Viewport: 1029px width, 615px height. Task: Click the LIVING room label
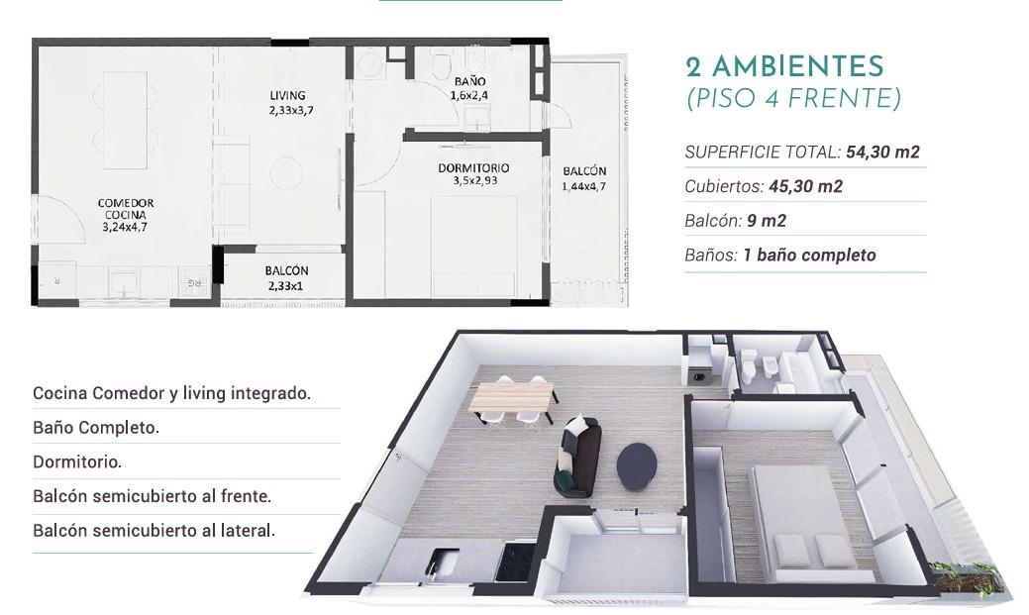click(x=287, y=95)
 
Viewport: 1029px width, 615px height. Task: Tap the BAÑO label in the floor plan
click(x=469, y=81)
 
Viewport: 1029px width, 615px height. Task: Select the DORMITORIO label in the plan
click(x=473, y=168)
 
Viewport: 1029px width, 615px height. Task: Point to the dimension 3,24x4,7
click(x=125, y=227)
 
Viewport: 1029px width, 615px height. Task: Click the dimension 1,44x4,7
click(x=584, y=186)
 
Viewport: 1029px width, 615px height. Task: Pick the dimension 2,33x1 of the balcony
click(x=286, y=285)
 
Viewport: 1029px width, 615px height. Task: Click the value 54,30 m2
click(x=882, y=153)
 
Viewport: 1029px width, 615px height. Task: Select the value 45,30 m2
click(x=806, y=186)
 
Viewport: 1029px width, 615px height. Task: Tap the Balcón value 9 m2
click(x=767, y=221)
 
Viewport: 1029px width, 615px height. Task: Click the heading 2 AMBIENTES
click(x=785, y=67)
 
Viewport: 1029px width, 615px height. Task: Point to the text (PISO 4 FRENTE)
click(x=793, y=98)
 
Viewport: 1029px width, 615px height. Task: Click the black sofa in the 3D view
click(x=576, y=456)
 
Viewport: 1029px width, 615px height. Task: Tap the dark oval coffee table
click(x=637, y=466)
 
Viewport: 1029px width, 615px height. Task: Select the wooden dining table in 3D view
click(x=513, y=396)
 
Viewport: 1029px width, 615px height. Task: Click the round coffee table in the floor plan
click(x=287, y=173)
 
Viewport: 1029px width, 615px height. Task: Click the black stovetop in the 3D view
click(x=516, y=562)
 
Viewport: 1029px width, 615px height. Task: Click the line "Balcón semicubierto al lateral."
click(x=154, y=531)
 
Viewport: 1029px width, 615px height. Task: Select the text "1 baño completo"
click(x=809, y=255)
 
